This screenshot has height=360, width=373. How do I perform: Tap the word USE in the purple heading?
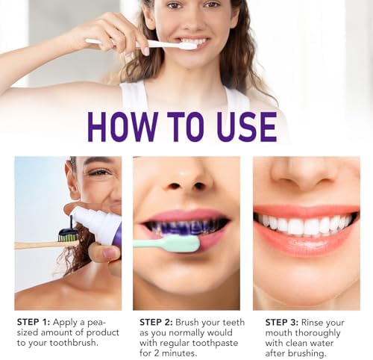[x=246, y=127]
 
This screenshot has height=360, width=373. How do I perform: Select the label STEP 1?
[x=34, y=322]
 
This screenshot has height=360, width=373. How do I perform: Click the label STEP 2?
[x=156, y=322]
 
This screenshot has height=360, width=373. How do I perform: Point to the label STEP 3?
[x=282, y=323]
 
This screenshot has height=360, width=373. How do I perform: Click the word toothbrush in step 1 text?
[x=74, y=343]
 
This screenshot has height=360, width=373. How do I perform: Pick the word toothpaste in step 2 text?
[x=216, y=343]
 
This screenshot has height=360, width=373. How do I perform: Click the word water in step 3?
[x=320, y=343]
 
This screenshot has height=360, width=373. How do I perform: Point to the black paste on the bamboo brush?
[x=69, y=229]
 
